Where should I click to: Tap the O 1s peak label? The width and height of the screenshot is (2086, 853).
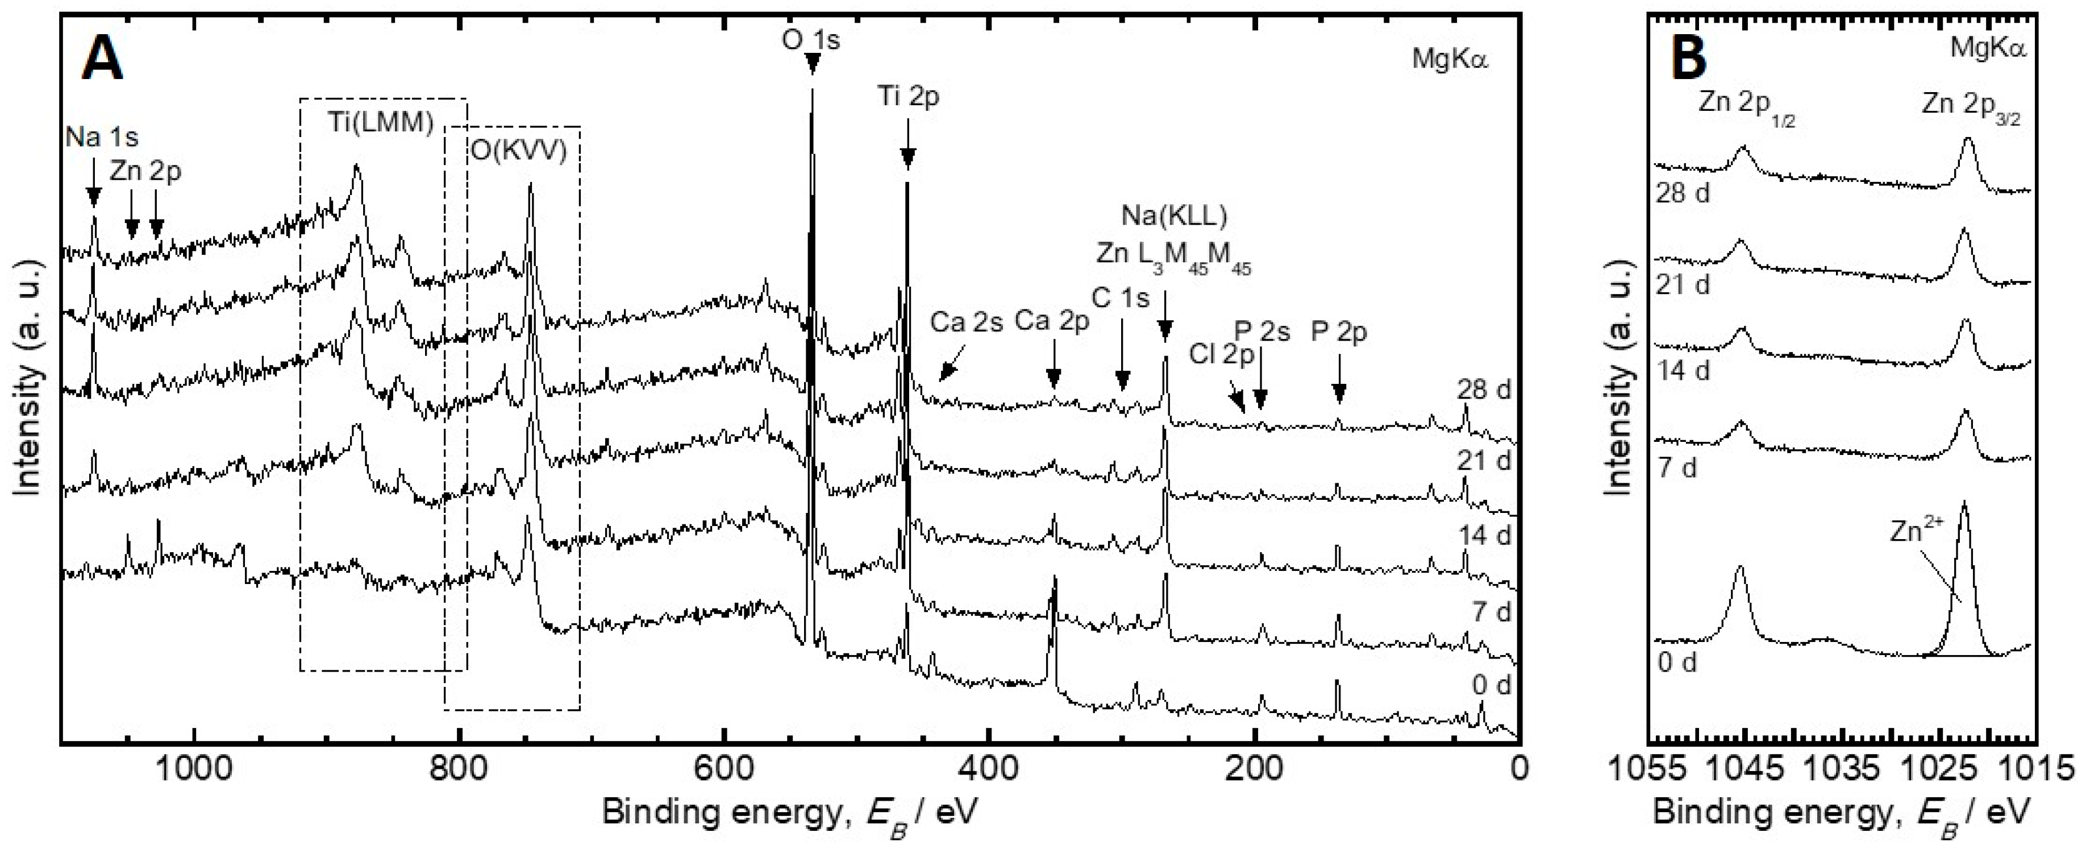coord(811,39)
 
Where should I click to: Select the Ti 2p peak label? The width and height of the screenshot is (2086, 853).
coord(909,97)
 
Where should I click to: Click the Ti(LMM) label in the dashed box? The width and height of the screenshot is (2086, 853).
coord(381,123)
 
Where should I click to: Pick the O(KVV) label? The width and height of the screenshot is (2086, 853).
coord(518,151)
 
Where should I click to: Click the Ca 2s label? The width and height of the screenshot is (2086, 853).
coord(966,322)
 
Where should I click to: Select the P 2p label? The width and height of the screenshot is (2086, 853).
coord(1339,332)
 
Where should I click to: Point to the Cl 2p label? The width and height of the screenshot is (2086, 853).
coord(1221,354)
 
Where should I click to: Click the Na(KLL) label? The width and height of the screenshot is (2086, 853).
coord(1174,216)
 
